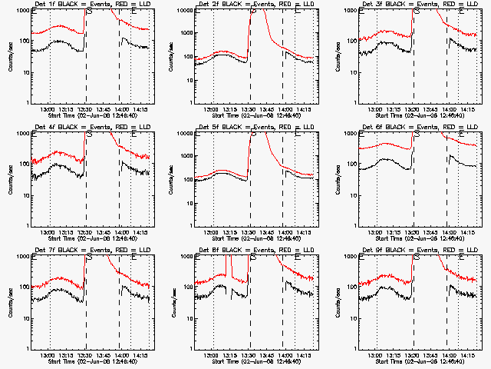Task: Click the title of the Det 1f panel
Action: click(92, 5)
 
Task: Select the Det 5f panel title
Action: click(255, 128)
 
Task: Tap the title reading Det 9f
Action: click(418, 251)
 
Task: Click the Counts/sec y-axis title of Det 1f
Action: click(8, 57)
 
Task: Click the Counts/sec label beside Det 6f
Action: click(336, 180)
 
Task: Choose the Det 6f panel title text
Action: click(418, 128)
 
